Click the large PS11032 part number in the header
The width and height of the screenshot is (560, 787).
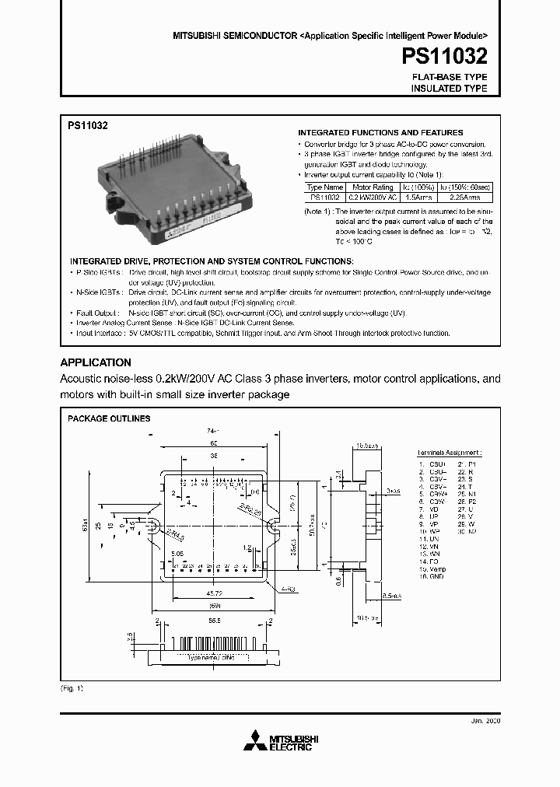(445, 57)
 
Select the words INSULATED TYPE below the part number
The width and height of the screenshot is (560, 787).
(449, 89)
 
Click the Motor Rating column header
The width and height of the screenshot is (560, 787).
(373, 187)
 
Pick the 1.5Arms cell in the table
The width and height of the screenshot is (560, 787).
(415, 198)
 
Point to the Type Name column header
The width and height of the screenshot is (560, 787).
(324, 187)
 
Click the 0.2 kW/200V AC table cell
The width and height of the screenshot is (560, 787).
(373, 198)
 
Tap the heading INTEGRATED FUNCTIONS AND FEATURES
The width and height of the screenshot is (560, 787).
(380, 132)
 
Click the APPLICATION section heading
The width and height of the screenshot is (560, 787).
(96, 362)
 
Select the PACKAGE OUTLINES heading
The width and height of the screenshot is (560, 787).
(109, 418)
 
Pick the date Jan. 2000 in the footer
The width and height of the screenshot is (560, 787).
(487, 721)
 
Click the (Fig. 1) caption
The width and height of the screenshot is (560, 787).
(72, 689)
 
